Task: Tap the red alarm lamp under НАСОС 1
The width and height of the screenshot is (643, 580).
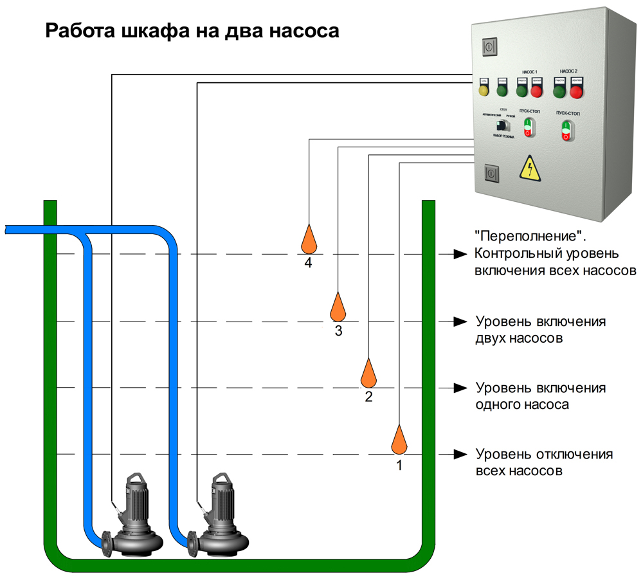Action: point(536,91)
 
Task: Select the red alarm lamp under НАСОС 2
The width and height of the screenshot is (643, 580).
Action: point(576,93)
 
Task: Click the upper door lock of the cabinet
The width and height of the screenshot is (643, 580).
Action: point(490,46)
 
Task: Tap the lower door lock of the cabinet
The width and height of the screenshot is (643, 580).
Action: point(491,173)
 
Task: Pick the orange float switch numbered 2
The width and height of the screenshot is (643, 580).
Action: point(368,374)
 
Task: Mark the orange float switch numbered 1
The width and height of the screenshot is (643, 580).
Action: point(399,440)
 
